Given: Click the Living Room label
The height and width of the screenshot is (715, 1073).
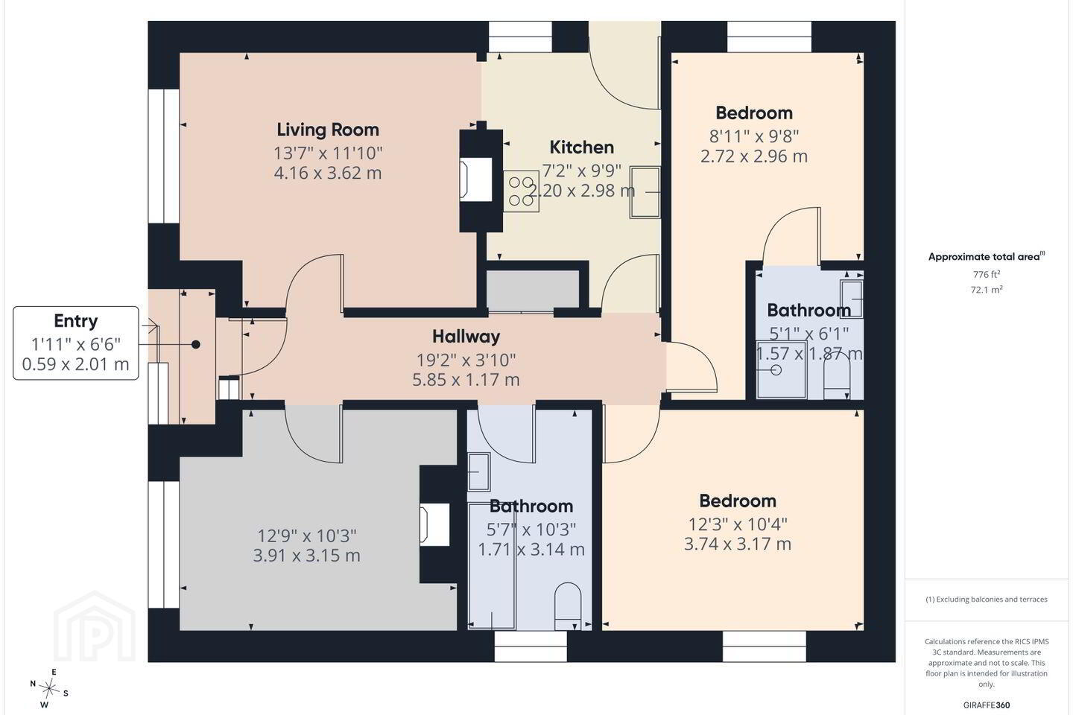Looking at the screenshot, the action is pos(328,130).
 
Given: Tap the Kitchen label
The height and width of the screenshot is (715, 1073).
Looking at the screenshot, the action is pos(581,147).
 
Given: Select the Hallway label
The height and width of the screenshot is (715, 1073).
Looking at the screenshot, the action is pos(466,337).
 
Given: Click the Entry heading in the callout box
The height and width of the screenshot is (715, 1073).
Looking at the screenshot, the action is pos(76,321).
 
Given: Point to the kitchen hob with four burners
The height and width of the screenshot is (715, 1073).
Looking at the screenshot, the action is pos(521,191).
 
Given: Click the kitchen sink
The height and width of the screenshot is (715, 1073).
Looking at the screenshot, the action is pos(645,192).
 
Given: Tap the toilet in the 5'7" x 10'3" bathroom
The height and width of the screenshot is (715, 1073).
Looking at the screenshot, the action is pos(568,606).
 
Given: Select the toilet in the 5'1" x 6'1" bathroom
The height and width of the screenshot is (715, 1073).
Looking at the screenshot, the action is pos(837,378).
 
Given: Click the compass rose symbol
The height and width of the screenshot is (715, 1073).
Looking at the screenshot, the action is pos(48,689).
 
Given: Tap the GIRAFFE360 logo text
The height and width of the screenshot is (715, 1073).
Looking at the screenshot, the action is pos(987,705).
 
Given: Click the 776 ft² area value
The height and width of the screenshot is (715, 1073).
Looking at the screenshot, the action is pos(987,274).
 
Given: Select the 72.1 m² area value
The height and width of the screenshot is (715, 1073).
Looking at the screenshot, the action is pos(987,290).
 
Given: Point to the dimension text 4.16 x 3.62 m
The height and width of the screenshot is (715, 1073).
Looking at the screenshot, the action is pos(328,173).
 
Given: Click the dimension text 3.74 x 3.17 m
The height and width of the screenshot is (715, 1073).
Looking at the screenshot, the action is pos(737,544).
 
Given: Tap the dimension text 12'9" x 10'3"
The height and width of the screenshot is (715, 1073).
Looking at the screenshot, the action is pos(306,536).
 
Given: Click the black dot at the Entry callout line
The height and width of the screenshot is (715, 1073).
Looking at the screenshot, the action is pos(195,344).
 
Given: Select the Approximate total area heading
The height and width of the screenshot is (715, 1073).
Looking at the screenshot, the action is pos(987,257).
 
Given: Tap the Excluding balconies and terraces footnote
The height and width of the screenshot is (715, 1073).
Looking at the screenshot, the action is pos(987,599).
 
